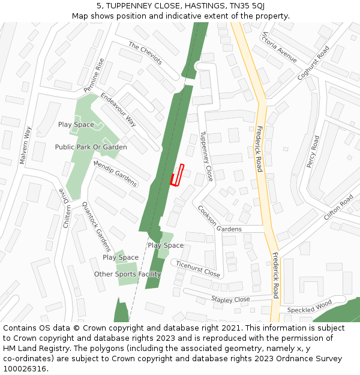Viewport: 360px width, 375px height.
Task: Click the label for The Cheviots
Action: point(145,53)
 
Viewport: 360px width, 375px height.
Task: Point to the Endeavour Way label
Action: point(118,110)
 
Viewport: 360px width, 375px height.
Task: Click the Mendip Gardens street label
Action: point(115,173)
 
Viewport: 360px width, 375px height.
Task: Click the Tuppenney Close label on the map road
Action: point(206,157)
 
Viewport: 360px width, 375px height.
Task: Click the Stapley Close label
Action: point(230,299)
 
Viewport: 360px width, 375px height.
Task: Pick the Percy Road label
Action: point(312,151)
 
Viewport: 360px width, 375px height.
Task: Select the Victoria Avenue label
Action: point(279,47)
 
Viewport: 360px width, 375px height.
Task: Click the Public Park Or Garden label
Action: point(91,147)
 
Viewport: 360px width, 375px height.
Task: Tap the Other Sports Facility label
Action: point(127,274)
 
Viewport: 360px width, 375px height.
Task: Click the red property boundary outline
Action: point(177,175)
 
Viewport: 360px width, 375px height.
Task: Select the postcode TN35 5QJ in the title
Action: point(246,5)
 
